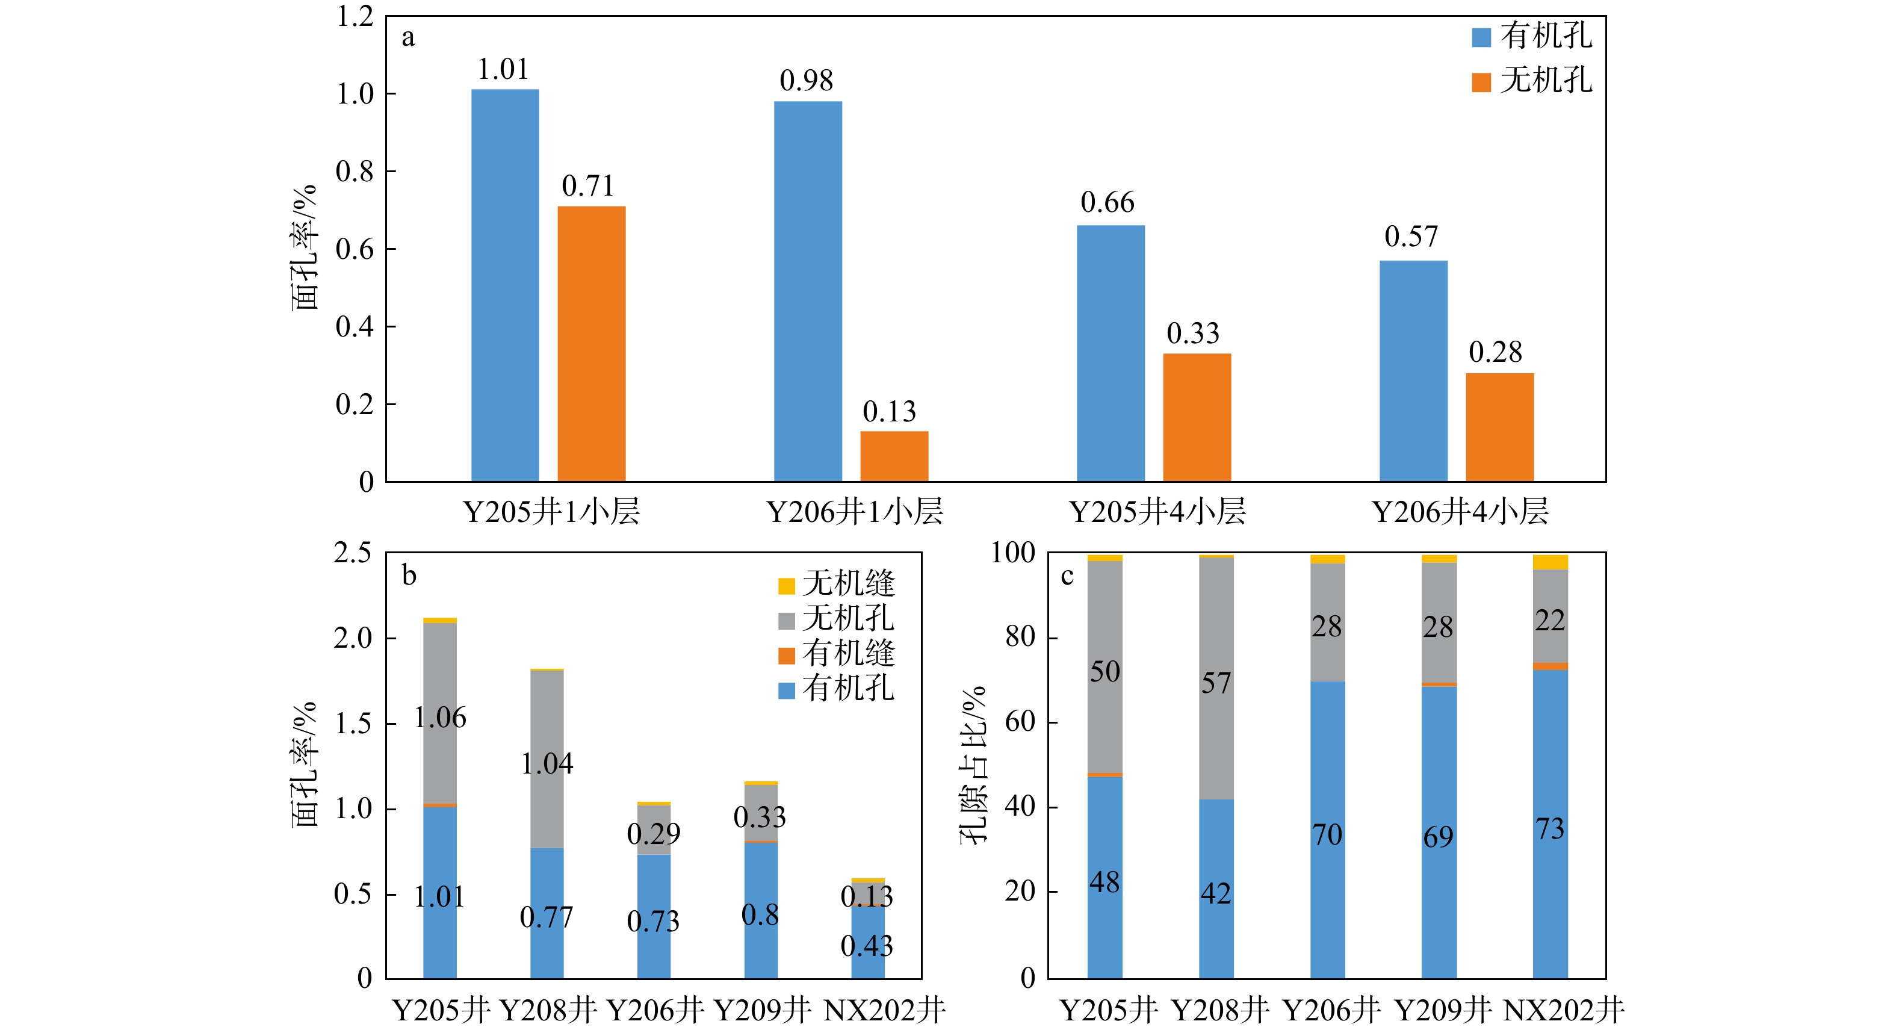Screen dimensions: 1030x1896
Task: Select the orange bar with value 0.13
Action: [894, 456]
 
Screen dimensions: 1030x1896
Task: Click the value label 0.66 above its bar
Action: [1107, 202]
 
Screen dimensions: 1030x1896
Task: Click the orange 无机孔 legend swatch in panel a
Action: [1481, 82]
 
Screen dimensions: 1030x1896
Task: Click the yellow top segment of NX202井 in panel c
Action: [1549, 562]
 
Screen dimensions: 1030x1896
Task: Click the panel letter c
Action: [1067, 575]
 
